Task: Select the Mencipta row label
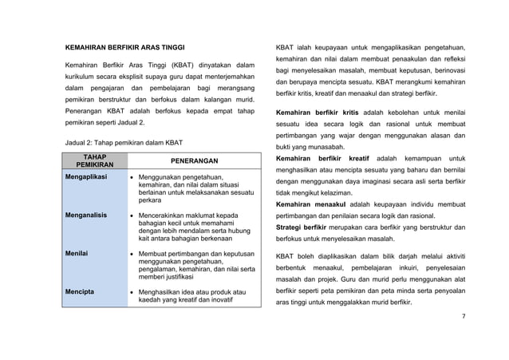click(x=81, y=292)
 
